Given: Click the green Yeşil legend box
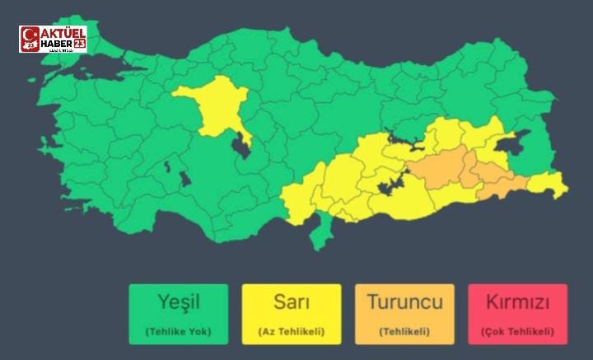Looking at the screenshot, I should (179, 314).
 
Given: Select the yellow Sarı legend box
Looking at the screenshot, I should (292, 314).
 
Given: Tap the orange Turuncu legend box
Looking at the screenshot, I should (404, 314).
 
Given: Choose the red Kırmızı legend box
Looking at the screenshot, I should (517, 314).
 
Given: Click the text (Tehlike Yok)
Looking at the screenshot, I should (179, 332).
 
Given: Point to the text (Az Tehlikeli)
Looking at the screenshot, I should (292, 332).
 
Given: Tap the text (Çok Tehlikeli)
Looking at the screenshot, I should (517, 332).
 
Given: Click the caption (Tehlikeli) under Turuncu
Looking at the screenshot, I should (404, 332).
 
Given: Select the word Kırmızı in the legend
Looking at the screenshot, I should (517, 302).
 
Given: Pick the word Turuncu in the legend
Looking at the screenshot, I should (404, 302).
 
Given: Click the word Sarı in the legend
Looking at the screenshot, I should (292, 302).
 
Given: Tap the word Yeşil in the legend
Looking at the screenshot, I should (179, 302).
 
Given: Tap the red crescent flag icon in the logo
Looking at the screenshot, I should (30, 39).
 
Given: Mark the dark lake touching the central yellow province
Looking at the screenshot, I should (242, 147).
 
